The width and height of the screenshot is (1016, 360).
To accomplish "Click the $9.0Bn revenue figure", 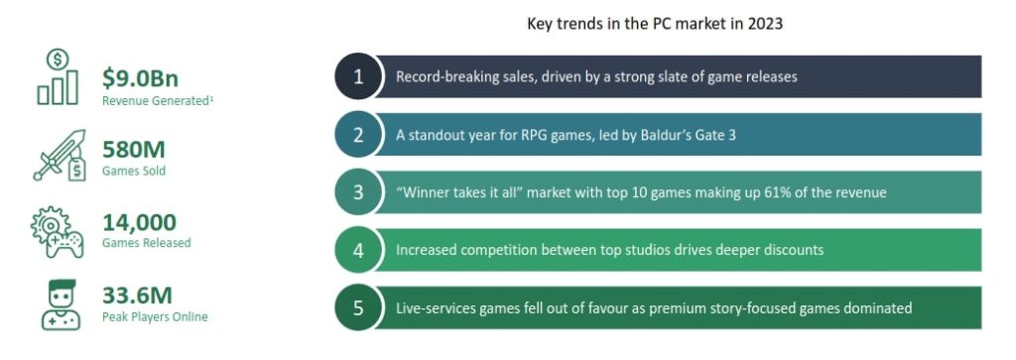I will coord(140,78).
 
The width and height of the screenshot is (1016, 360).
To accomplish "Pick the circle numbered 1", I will coord(359,77).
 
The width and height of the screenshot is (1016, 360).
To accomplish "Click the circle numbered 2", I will coord(359,135).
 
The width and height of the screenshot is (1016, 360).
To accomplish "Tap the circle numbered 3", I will coord(359,192).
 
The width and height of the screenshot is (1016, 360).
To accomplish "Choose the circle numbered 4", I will coord(359,250).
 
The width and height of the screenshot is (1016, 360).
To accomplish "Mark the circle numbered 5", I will coord(359,307).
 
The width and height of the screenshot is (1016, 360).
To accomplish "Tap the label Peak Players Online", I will coord(155,316).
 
